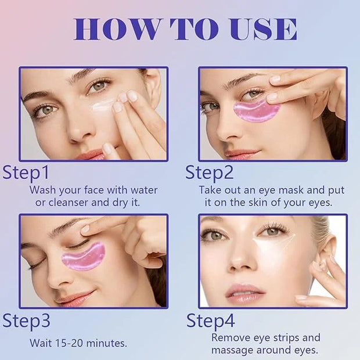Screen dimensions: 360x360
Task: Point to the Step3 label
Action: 26,321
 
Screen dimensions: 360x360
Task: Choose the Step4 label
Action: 211,321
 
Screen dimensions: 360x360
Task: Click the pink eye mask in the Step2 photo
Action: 257,111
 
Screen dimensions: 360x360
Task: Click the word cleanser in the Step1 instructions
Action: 69,203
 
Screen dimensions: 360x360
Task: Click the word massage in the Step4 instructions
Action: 232,351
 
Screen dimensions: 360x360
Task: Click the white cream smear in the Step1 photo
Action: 102,105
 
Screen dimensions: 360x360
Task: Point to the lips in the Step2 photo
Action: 242,153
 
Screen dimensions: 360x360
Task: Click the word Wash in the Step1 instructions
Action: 43,190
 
